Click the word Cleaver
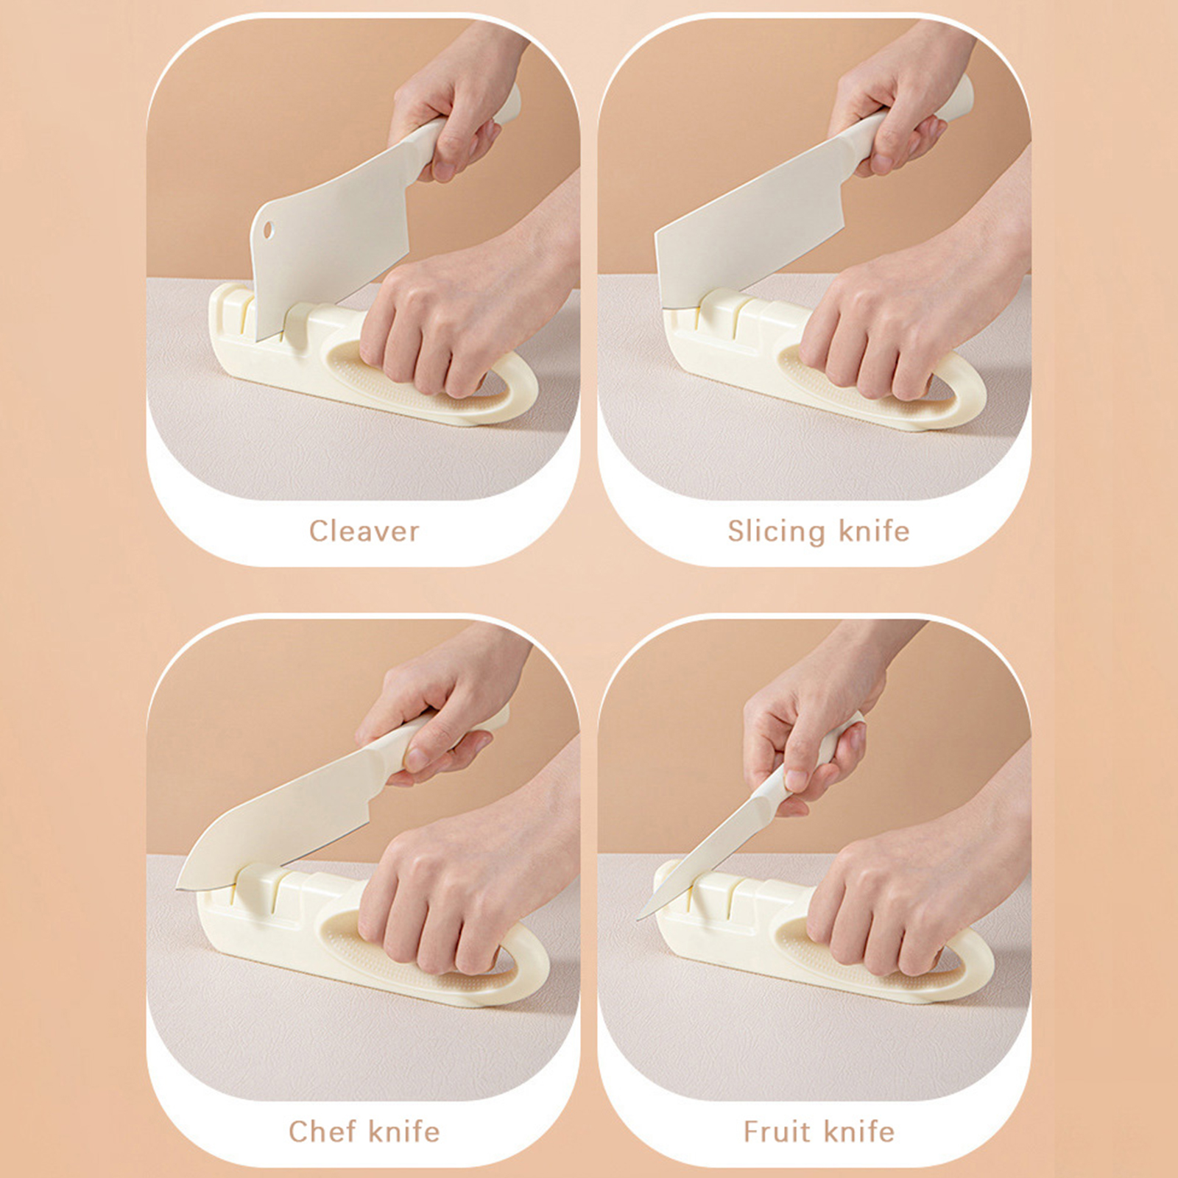[x=364, y=531]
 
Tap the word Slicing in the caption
[x=777, y=532]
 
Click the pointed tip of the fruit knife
[x=638, y=918]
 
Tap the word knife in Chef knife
[x=404, y=1131]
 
